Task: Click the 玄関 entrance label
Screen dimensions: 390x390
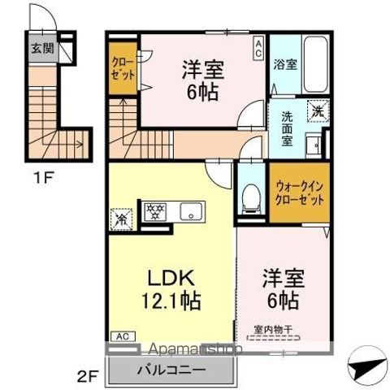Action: (x=41, y=48)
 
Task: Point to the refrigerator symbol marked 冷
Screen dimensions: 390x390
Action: (x=121, y=217)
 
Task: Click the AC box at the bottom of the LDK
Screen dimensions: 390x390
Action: (x=119, y=335)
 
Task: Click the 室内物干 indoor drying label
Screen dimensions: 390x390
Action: (x=276, y=328)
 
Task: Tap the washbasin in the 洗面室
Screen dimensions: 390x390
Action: (x=314, y=146)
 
